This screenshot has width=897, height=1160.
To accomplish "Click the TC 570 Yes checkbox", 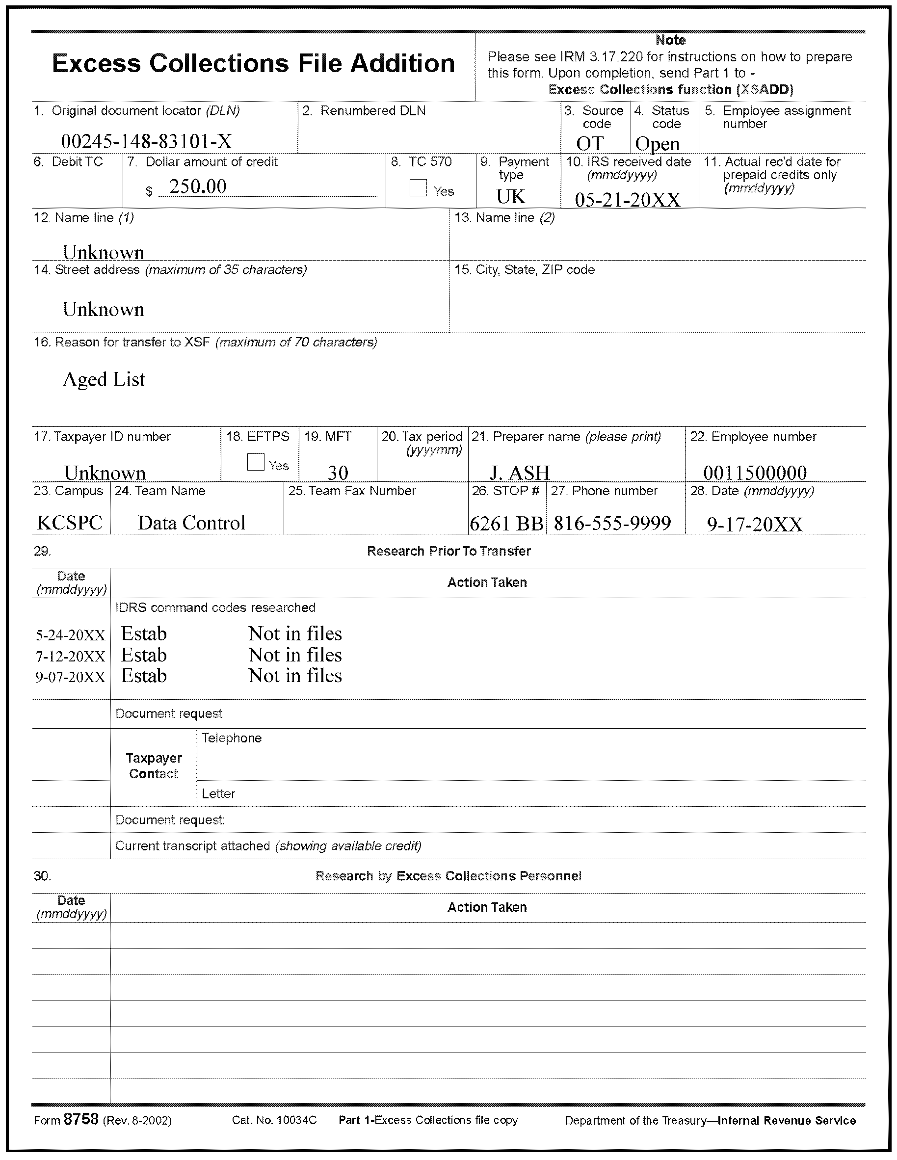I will coord(418,187).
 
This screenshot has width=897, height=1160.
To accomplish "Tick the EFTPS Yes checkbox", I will coord(256,462).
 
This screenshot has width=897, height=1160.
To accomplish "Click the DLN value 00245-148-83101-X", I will coord(147,141).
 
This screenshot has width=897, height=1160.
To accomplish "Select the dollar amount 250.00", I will coord(198,186).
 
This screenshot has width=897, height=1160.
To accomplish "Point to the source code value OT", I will coord(589,143).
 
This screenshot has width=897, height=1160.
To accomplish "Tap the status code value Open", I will coord(657,144).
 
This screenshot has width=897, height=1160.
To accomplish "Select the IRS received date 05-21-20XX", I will coord(627,200).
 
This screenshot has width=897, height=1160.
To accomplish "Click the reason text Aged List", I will coord(104,379).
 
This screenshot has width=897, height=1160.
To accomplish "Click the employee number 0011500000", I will coord(755,473).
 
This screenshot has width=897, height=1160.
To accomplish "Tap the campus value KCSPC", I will coord(70,523).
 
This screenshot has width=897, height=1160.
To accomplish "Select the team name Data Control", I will coord(191,523).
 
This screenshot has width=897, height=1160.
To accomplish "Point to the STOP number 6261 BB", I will coord(507,524).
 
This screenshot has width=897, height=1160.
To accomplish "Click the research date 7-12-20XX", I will coord(70,657).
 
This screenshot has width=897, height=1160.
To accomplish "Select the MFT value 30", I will coord(338,473).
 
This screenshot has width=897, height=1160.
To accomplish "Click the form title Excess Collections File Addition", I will coord(253,64).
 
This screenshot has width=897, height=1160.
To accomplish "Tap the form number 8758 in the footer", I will coord(81,1119).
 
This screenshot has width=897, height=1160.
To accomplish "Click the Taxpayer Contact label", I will coord(154,766).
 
